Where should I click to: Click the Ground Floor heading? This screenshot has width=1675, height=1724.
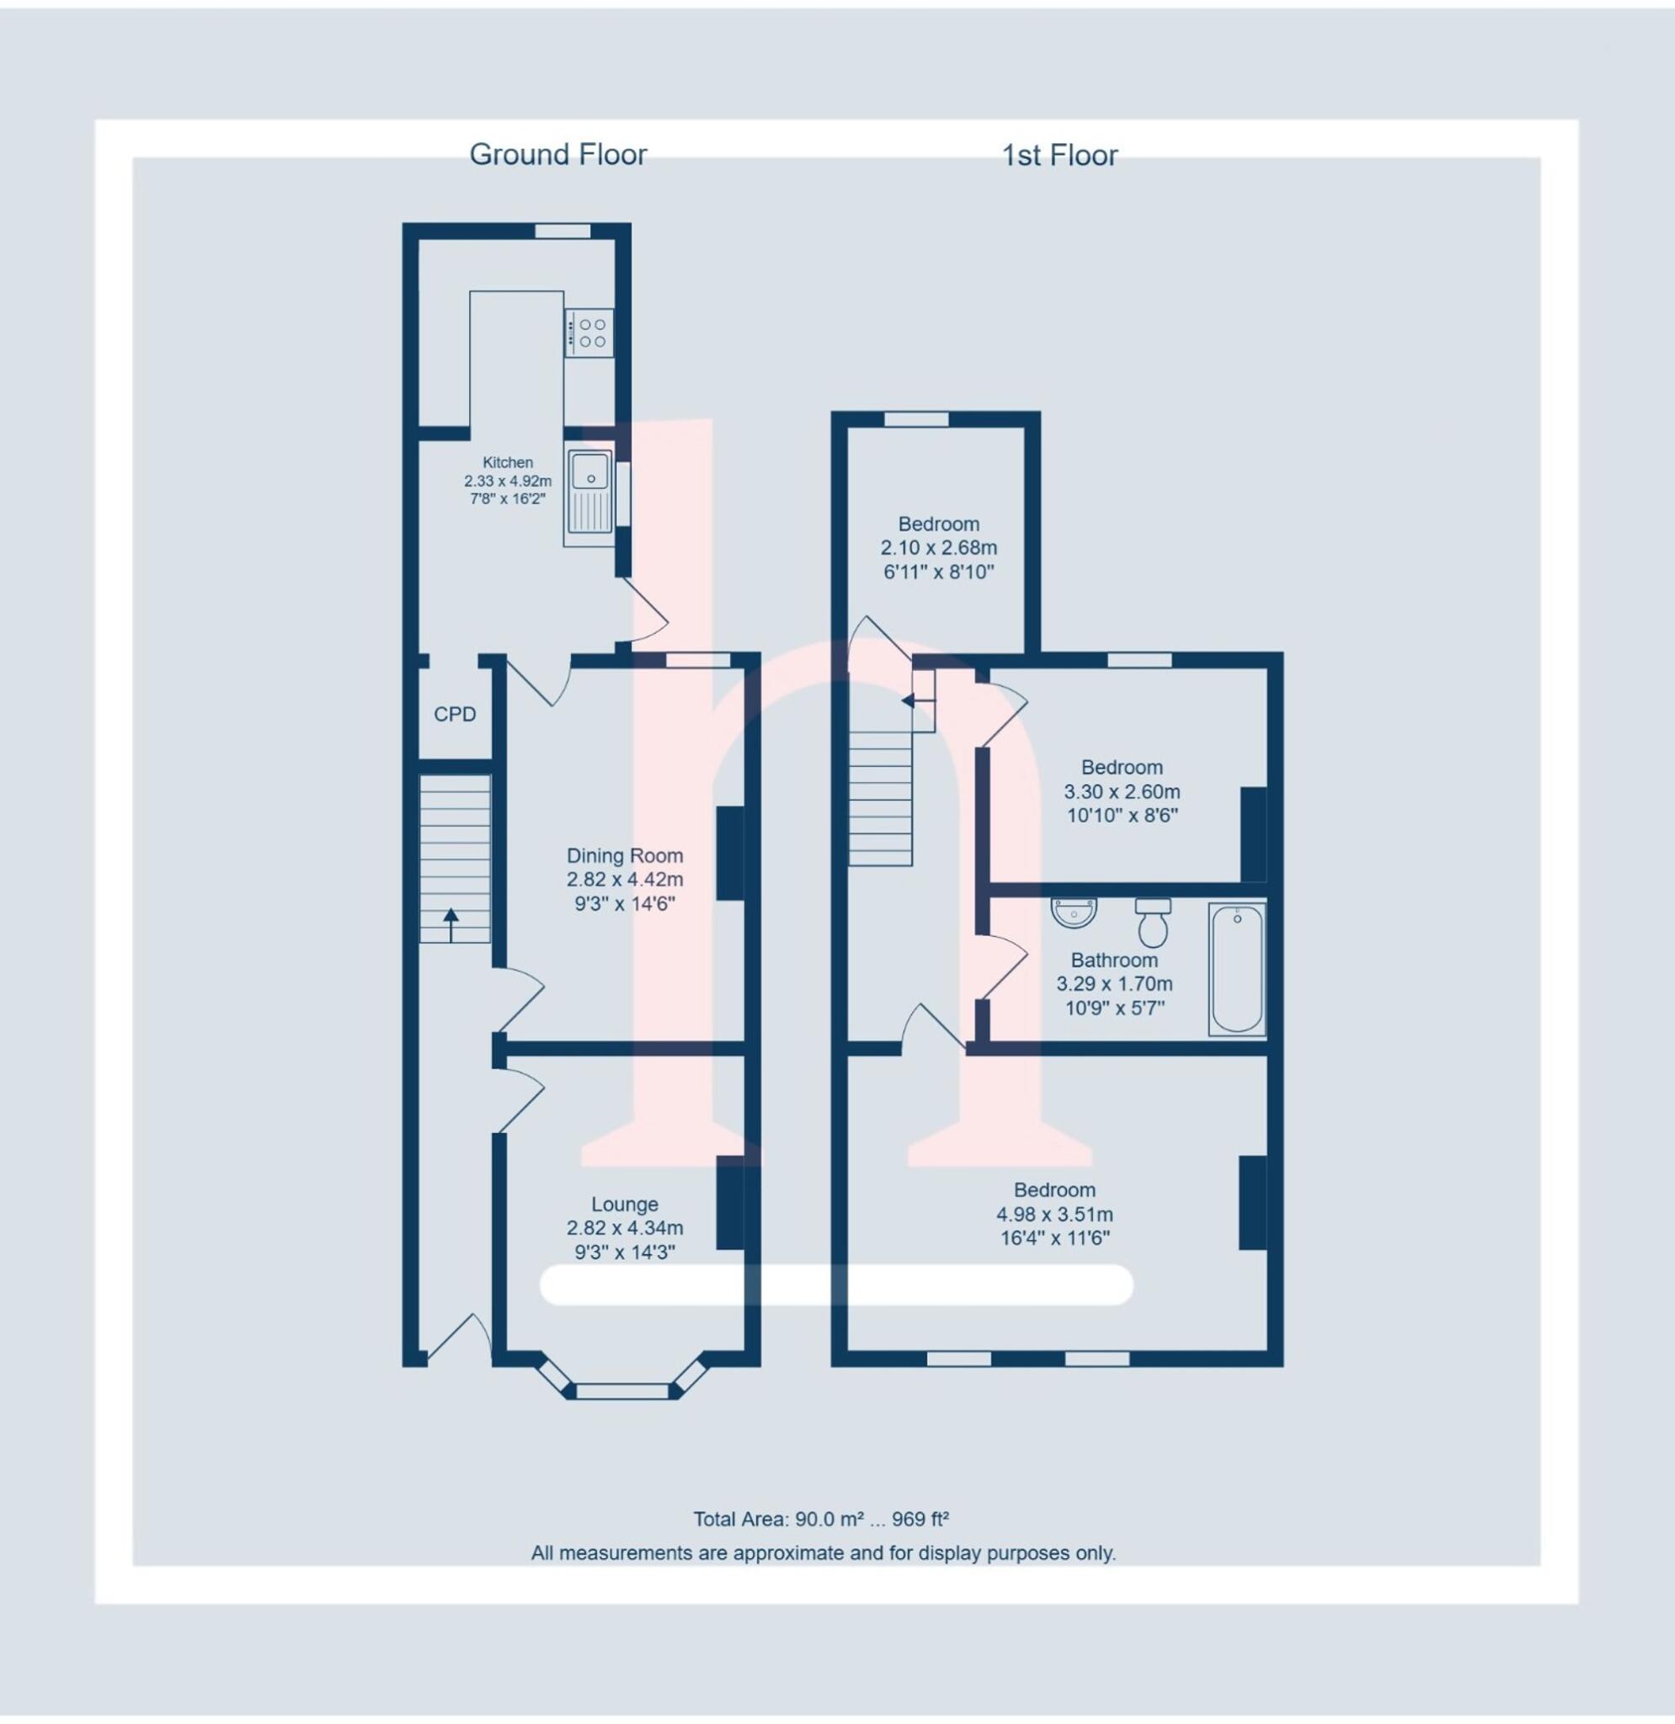pos(557,155)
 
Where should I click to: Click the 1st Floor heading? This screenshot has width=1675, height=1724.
pos(1059,156)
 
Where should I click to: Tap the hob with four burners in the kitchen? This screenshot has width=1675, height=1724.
pos(589,333)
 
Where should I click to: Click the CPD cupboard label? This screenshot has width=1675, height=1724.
pos(455,714)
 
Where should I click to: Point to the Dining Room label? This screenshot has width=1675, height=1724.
pos(625,856)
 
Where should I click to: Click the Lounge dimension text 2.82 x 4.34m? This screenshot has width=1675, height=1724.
pos(625,1229)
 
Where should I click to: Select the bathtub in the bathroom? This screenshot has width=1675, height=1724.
pos(1236,969)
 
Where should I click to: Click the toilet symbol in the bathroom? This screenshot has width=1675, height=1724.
pos(1152,922)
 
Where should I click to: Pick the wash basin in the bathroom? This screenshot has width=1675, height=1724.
pos(1075,913)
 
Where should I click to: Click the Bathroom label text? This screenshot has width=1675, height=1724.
pos(1114,960)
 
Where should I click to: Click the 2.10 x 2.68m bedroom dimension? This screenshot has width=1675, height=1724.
pos(939,548)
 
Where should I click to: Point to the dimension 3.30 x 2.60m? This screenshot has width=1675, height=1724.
pos(1122,791)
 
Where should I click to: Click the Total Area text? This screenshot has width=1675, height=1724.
pos(820,1519)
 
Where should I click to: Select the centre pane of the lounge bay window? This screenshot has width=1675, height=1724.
pos(623,1391)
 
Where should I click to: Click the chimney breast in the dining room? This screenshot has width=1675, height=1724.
pos(730,854)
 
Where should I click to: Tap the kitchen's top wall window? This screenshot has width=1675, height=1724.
pos(563,231)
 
